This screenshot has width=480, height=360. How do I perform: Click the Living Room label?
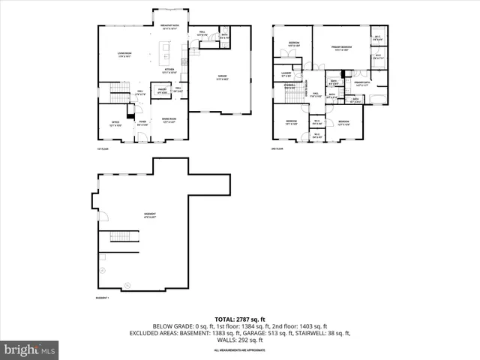pos(124,54)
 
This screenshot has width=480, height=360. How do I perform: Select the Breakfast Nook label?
pos(169,26)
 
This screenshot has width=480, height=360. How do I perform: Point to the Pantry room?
pos(161,92)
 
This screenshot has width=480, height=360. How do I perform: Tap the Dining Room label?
pos(169,120)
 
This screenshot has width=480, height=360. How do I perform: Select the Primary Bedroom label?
pos(342,48)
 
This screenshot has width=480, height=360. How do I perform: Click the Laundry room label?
pos(286,74)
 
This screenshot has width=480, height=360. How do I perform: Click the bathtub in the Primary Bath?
pos(377,99)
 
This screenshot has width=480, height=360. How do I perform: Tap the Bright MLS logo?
pos(29,349)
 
